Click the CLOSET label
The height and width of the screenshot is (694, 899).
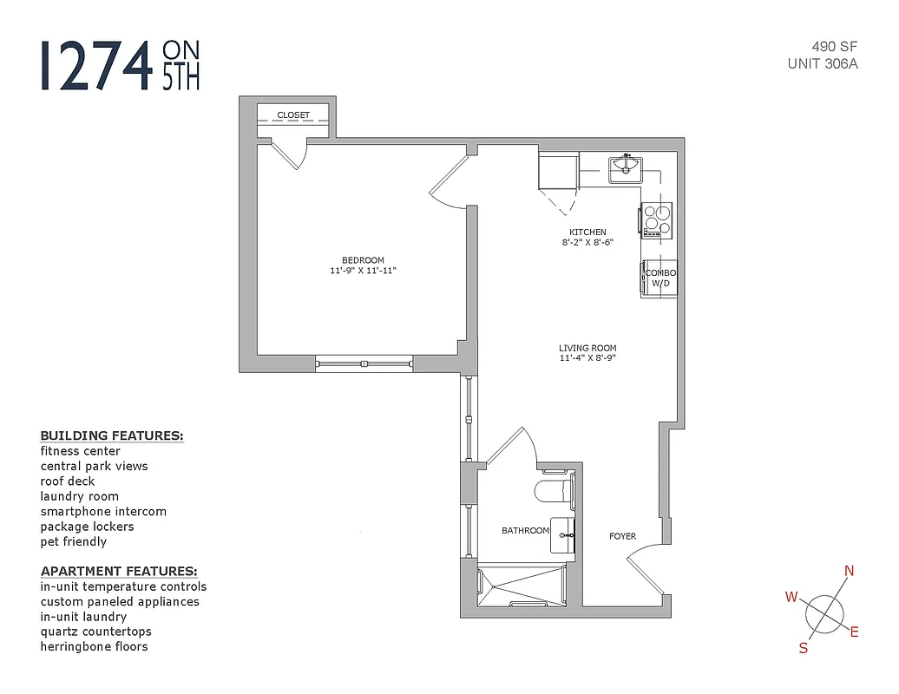(x=293, y=115)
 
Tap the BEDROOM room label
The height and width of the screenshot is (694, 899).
(x=363, y=260)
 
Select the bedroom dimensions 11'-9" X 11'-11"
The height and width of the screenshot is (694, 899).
(x=363, y=271)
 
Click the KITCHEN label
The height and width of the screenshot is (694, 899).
(x=587, y=232)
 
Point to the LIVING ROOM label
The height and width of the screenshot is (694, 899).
(x=587, y=349)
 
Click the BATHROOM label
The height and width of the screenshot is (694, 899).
(x=525, y=530)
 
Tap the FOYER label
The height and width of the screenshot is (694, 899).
(x=622, y=536)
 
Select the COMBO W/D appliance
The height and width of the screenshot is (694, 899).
(x=659, y=278)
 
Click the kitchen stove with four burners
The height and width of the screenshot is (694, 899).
(x=657, y=219)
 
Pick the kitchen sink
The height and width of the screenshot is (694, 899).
(x=624, y=166)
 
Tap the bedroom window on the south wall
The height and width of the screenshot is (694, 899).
(x=364, y=363)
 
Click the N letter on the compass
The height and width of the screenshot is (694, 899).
(x=850, y=571)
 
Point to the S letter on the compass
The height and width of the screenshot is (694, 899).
(x=804, y=648)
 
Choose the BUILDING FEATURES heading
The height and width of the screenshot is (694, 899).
(x=112, y=435)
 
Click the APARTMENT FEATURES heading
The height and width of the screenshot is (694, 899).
(x=119, y=571)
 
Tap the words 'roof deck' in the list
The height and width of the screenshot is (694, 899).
(x=68, y=481)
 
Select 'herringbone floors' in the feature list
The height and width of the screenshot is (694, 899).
(x=94, y=646)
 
